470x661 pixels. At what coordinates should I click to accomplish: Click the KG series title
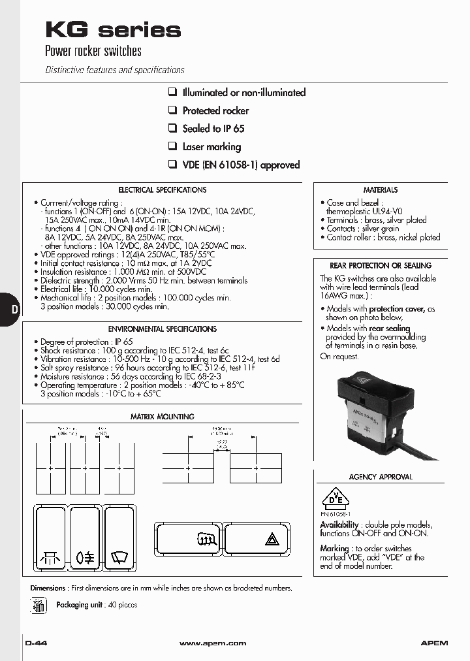pyautogui.click(x=112, y=29)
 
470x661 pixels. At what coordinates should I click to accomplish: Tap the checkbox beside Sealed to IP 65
pyautogui.click(x=173, y=128)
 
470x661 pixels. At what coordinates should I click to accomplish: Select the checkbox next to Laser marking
pyautogui.click(x=173, y=146)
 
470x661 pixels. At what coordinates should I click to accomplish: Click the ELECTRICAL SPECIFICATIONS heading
pyautogui.click(x=162, y=190)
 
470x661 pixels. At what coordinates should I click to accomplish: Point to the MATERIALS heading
pyautogui.click(x=380, y=190)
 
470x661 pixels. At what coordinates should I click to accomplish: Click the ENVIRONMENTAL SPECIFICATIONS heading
pyautogui.click(x=162, y=329)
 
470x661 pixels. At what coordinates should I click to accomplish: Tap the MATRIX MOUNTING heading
pyautogui.click(x=162, y=417)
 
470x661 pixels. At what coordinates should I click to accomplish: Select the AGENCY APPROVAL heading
pyautogui.click(x=381, y=477)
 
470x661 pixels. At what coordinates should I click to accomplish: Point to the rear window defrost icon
pyautogui.click(x=206, y=539)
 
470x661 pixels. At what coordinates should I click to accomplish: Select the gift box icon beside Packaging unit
pyautogui.click(x=39, y=605)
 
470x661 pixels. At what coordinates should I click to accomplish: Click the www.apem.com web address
pyautogui.click(x=213, y=643)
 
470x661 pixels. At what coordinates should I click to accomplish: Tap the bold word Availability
pyautogui.click(x=339, y=524)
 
